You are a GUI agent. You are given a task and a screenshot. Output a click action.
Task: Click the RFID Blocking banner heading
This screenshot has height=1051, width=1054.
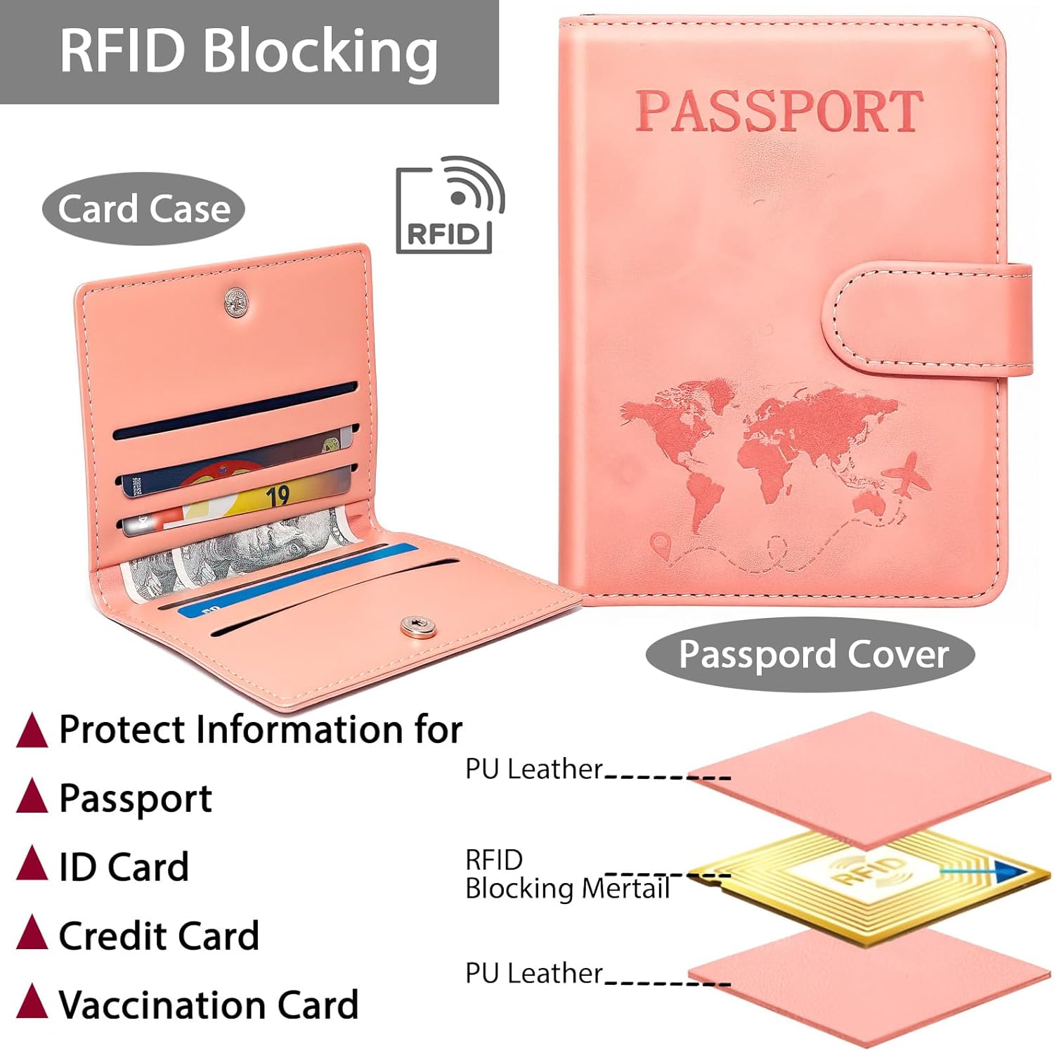tap(249, 51)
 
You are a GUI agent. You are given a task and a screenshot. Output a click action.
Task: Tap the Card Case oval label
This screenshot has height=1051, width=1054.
tap(143, 209)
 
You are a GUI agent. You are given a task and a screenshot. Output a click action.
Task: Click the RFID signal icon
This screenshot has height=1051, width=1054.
tap(450, 205)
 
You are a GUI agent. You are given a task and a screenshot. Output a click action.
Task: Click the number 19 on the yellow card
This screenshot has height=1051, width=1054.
tap(278, 496)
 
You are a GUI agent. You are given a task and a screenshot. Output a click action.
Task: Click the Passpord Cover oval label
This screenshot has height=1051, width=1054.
tap(812, 655)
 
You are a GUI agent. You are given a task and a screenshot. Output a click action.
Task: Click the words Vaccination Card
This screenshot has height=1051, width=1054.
tap(209, 1005)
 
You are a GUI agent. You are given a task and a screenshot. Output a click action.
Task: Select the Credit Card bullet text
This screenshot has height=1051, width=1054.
tap(159, 936)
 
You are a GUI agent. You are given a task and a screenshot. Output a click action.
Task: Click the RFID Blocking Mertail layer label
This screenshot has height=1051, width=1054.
tap(566, 875)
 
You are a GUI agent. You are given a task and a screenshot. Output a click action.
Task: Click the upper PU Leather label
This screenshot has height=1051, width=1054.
tap(534, 769)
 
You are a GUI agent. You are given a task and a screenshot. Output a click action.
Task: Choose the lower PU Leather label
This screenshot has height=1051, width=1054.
tap(534, 974)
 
